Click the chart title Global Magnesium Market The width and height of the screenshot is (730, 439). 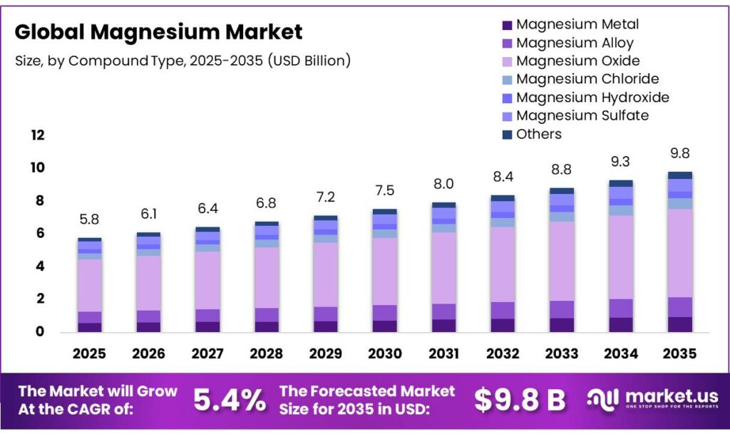pos(158,32)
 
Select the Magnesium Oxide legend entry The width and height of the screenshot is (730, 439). pos(577,61)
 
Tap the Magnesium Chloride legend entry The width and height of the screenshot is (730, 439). pos(587,79)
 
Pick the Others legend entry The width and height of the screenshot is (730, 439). pos(538,134)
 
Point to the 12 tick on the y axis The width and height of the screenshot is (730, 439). pos(37,135)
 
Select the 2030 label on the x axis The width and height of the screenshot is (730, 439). pos(384,353)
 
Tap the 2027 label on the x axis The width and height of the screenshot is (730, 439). pos(207,353)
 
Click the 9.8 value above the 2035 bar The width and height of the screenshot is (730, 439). pos(679,154)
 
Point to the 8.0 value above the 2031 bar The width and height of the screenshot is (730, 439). pos(443,185)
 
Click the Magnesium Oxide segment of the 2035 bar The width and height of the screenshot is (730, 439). pos(679,253)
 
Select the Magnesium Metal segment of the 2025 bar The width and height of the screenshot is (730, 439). pos(89,327)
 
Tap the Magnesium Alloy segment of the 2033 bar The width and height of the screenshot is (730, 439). pos(562,309)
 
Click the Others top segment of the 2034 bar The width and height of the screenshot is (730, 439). pos(620,183)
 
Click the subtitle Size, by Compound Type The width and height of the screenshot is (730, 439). pos(182,61)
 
